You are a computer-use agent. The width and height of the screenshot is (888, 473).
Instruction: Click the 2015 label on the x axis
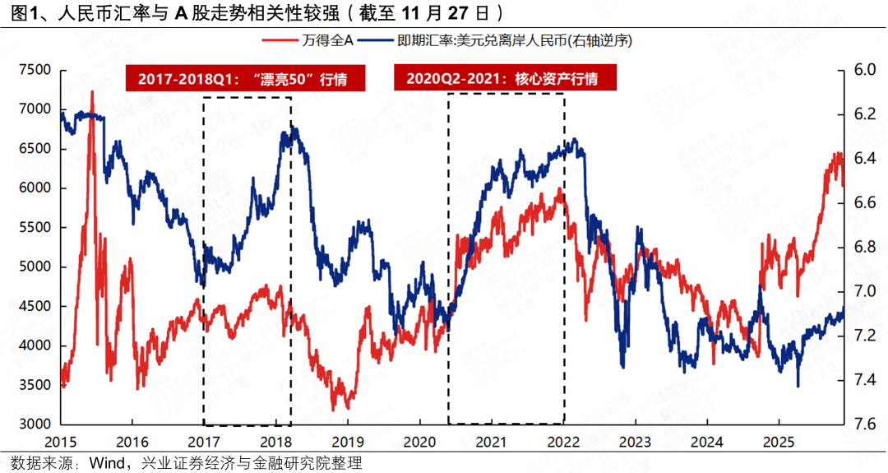60,443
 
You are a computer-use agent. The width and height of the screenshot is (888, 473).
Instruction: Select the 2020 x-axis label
419,443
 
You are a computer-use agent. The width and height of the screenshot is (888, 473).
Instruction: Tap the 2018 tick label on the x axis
275,443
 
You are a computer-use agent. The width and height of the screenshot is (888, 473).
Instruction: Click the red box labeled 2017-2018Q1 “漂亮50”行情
244,80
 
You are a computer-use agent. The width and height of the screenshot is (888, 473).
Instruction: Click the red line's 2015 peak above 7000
91,92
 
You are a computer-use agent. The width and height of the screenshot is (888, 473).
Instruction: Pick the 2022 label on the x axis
562,443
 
